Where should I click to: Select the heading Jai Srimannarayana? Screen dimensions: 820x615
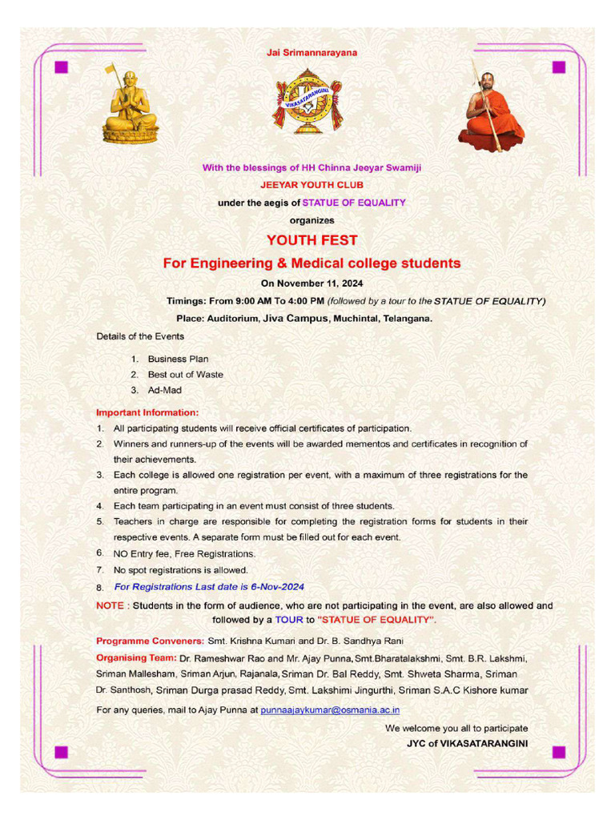(x=312, y=53)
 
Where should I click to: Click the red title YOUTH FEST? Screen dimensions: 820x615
(x=312, y=240)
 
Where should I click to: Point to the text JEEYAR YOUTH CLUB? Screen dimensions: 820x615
(x=312, y=185)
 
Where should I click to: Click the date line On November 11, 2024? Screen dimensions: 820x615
(x=312, y=283)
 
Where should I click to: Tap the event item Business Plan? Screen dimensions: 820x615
(x=178, y=359)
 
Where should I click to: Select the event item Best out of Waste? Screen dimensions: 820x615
(x=185, y=374)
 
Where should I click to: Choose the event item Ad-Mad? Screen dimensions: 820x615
(x=164, y=390)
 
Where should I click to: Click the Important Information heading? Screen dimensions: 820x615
(x=147, y=412)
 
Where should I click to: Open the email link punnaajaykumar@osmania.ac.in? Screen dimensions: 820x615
(x=330, y=709)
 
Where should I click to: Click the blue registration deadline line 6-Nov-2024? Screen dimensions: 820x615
(x=209, y=587)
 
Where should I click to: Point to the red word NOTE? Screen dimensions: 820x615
(x=110, y=605)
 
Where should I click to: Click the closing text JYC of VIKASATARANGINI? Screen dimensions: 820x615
(x=467, y=744)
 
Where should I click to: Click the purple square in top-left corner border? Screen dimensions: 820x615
(x=61, y=66)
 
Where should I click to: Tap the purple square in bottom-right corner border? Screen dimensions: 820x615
(x=559, y=752)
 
